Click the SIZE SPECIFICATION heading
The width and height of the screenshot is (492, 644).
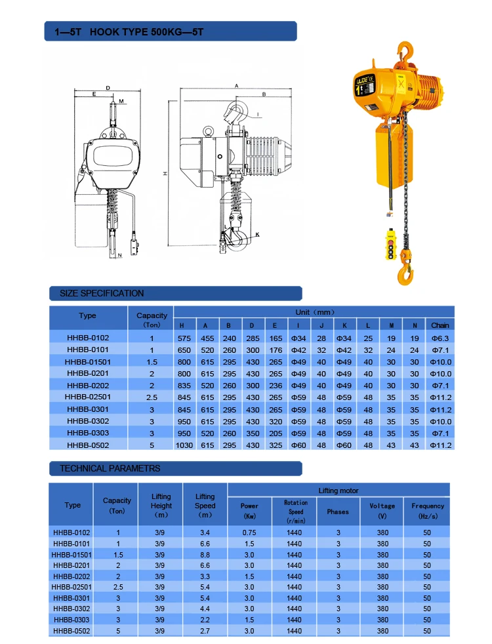coord(102,293)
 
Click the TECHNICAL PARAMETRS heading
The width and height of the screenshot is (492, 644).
coord(110,468)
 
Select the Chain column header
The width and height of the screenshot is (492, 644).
coord(440,325)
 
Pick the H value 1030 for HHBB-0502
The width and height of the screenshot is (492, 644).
coord(185,445)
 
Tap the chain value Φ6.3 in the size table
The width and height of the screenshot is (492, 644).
coord(440,338)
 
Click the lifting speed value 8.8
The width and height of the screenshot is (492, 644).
coord(205,554)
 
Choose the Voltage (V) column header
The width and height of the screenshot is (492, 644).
coord(382,510)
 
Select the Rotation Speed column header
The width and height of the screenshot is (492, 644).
coord(295,511)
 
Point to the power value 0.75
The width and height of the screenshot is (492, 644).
coord(249,533)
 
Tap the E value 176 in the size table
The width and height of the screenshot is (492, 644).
coord(275,350)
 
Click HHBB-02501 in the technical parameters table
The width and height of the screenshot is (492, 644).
coord(72,587)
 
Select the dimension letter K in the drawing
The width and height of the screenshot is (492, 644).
coord(257,234)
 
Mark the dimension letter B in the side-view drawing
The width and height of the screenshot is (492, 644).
coord(263,94)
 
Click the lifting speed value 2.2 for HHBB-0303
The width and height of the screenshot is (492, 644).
coord(205,620)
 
